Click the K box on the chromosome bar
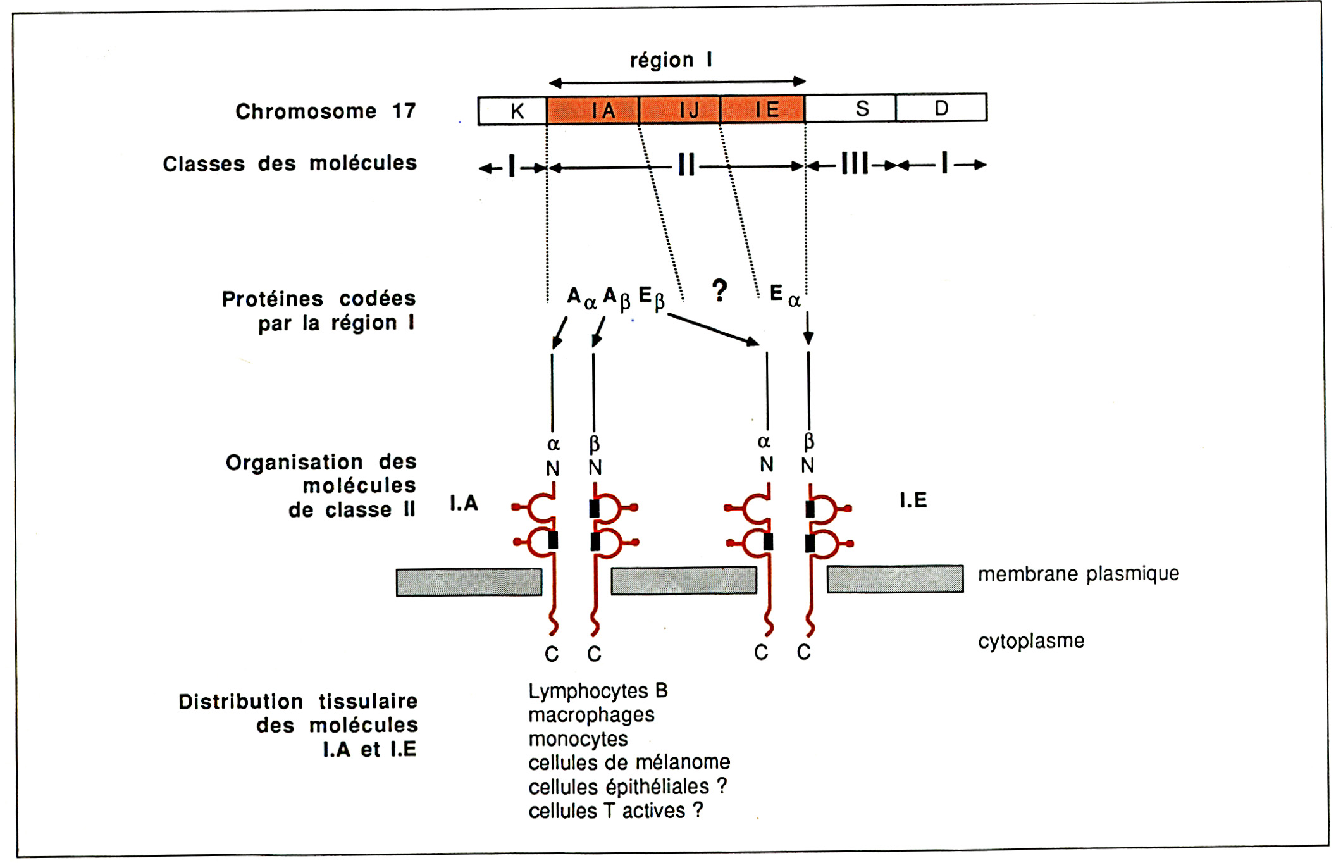coord(513,111)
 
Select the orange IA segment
coord(593,110)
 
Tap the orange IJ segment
coord(679,110)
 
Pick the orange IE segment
coord(763,109)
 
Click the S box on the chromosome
coord(851,108)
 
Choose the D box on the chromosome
coord(941,108)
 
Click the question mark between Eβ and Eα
coord(719,290)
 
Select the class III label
coord(854,164)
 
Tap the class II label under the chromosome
coord(686,166)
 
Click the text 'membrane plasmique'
coord(1078,574)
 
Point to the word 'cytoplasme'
coord(1031,641)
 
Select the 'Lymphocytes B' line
coord(598,691)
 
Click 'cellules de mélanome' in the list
coord(629,762)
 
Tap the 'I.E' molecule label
coord(913,500)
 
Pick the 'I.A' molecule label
coord(464,503)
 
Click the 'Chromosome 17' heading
coord(325,111)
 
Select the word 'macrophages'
coord(591,715)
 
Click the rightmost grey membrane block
coord(895,579)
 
